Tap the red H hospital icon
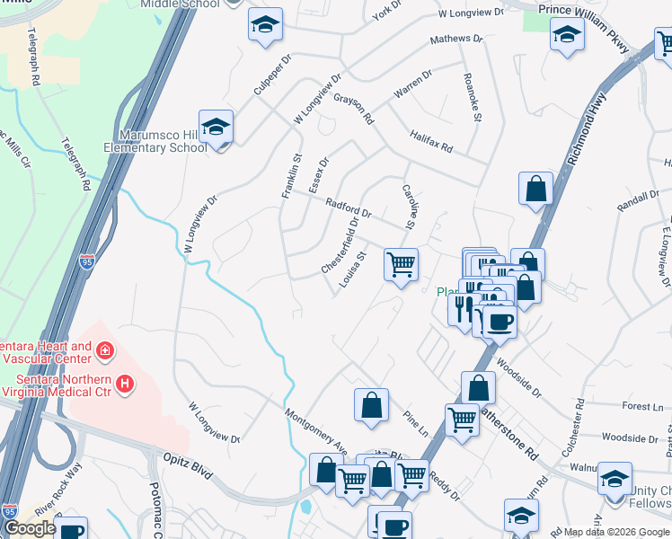(x=125, y=384)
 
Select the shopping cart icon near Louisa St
(x=401, y=264)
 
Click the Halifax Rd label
(x=433, y=139)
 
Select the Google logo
(x=30, y=528)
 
